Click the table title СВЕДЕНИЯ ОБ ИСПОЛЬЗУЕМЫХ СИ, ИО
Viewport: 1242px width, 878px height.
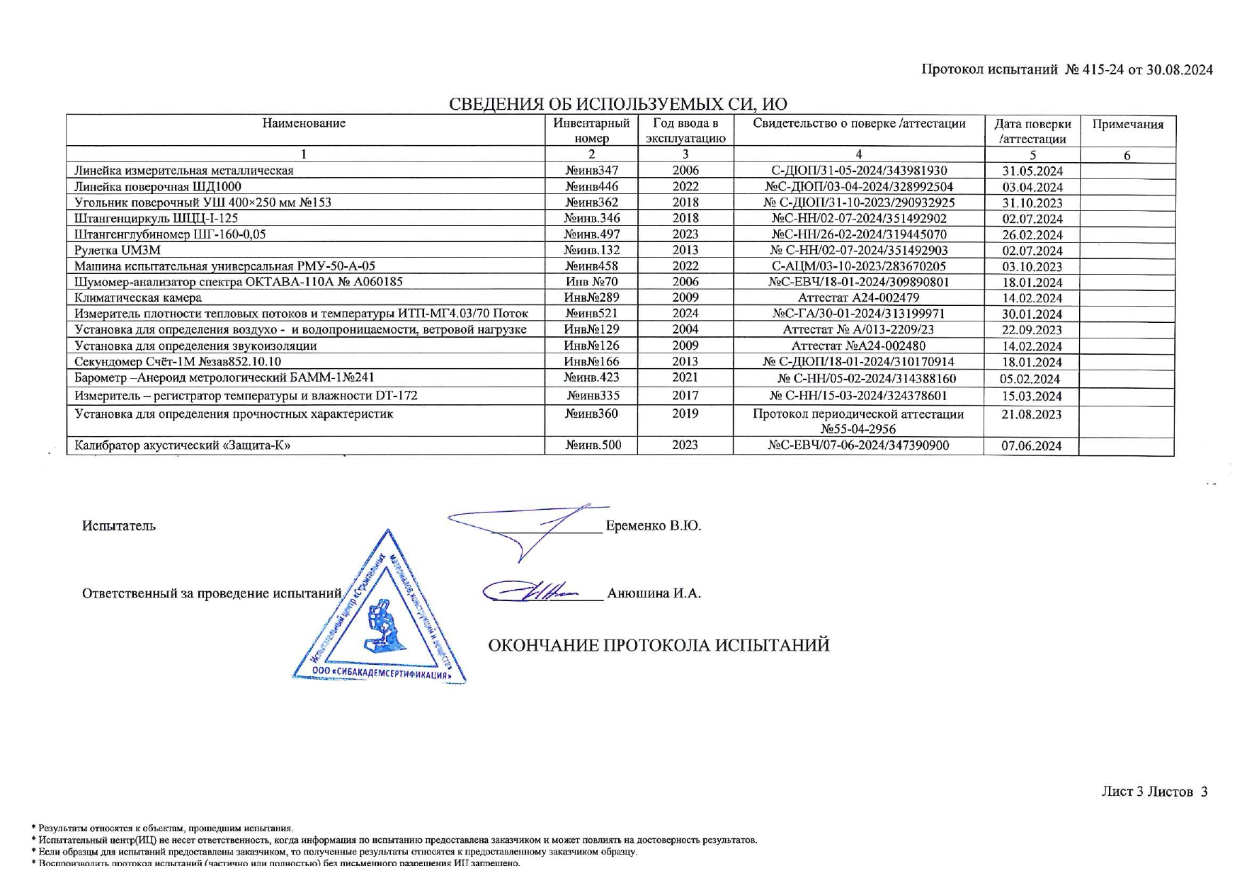tap(617, 104)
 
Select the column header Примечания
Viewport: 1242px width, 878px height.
tap(1127, 125)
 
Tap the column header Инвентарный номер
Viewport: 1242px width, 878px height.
tap(591, 130)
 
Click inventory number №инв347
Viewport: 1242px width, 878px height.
tap(591, 171)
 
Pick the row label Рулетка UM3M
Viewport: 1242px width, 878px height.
tap(118, 250)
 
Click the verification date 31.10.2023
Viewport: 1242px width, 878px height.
tap(1032, 203)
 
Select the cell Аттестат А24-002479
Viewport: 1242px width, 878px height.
tap(858, 297)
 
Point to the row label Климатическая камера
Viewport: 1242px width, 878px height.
tap(138, 298)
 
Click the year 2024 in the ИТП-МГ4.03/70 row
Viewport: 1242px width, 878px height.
tap(685, 314)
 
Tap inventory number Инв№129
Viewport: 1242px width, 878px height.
tap(591, 329)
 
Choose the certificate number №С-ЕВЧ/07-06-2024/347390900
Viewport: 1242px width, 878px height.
tap(858, 445)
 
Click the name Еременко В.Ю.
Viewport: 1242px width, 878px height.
tap(653, 526)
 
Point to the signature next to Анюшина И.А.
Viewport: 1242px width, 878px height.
tap(531, 591)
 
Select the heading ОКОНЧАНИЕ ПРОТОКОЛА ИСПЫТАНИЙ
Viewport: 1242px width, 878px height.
tap(659, 646)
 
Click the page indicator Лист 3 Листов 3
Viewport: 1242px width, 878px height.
tap(1153, 792)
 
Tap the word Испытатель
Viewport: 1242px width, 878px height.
tap(118, 526)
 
